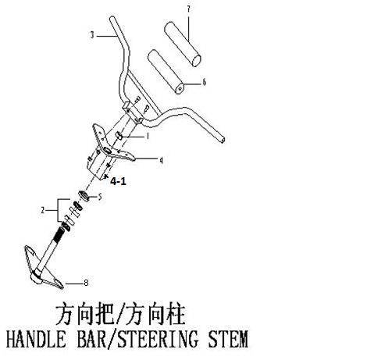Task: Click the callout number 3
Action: coord(92,35)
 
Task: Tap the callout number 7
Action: coord(188,9)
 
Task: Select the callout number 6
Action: coord(205,82)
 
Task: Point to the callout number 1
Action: coord(148,136)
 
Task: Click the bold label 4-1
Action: coord(118,181)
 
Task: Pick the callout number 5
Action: coord(100,197)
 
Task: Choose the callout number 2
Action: coord(43,210)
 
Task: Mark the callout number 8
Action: coord(86,283)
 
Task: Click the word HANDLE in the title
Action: coord(36,339)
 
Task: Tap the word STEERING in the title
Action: coord(157,339)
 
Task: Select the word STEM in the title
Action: coord(228,339)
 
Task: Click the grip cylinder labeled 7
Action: coord(183,45)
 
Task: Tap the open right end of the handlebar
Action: coord(223,139)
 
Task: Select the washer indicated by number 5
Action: coord(84,195)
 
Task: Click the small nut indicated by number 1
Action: coord(119,135)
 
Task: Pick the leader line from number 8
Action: coord(74,283)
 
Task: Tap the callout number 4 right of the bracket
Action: coord(162,160)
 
